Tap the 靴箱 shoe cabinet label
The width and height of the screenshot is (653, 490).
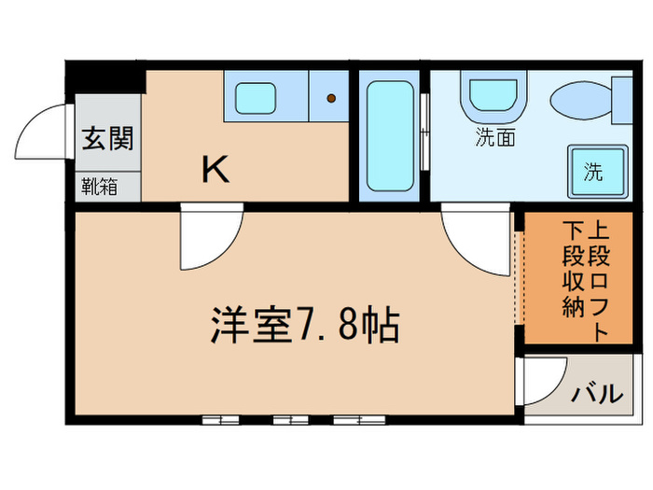[x=99, y=186]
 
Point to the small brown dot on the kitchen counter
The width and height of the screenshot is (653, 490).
[x=329, y=96]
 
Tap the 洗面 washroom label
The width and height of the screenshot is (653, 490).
[x=495, y=140]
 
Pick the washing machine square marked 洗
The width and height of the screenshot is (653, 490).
[x=593, y=172]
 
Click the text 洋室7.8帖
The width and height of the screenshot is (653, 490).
[x=303, y=327]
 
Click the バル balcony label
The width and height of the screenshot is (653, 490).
[x=596, y=393]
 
